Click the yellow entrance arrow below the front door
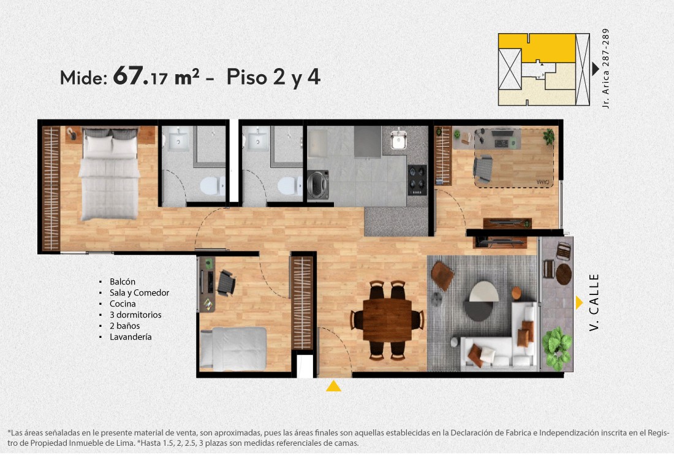tap(333, 386)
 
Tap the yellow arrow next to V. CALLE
tap(579, 303)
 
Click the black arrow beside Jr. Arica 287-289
tap(596, 69)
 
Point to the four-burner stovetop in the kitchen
tap(417, 180)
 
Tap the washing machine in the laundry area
tap(318, 185)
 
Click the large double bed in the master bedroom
tap(110, 174)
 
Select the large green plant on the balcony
tap(556, 348)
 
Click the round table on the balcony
tap(564, 273)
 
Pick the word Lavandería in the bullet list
tap(131, 337)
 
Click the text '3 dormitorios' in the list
tap(135, 315)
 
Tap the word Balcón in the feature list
tap(123, 281)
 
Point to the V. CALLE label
tap(594, 302)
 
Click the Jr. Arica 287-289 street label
tap(605, 68)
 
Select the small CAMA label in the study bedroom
tap(543, 182)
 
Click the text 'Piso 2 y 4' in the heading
tap(273, 77)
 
